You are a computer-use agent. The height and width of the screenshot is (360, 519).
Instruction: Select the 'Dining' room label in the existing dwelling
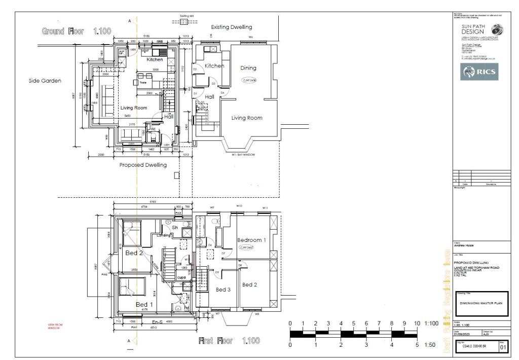(x=248, y=68)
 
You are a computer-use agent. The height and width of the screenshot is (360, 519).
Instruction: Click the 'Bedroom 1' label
(x=251, y=240)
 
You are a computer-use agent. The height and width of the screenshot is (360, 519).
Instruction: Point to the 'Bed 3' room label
(x=224, y=290)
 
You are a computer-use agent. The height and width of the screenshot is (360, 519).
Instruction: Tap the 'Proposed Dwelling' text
(x=142, y=165)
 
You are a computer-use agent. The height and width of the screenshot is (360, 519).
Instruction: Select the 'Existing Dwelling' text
(x=231, y=27)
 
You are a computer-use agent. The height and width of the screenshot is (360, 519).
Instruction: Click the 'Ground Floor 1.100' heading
(x=77, y=32)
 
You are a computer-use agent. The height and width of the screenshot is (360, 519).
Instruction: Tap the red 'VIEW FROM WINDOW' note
(x=54, y=327)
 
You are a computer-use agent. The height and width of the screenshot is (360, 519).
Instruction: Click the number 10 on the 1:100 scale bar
(x=417, y=323)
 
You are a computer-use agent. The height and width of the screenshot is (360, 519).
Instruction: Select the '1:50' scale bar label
(x=431, y=345)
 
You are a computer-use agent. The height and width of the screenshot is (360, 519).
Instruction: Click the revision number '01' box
(x=503, y=347)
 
